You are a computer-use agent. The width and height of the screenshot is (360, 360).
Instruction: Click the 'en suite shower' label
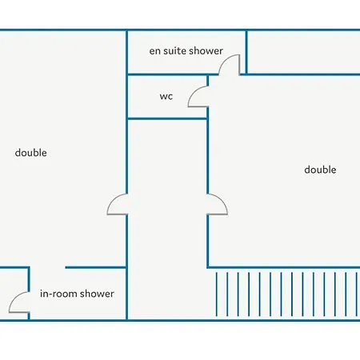coord(186,50)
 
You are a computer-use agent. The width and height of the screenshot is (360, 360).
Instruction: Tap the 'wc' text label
coord(166,96)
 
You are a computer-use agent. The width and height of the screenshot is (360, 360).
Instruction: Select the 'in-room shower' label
coord(77,294)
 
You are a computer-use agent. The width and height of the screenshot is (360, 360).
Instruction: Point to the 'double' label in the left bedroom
coord(31,153)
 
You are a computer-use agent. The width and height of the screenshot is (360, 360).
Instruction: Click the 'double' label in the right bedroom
coord(320,170)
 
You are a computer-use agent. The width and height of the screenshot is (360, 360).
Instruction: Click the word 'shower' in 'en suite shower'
coord(206,50)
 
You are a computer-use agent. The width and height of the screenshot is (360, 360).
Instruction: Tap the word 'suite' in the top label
coord(174,50)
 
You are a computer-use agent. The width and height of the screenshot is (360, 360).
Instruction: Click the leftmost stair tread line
coord(217,294)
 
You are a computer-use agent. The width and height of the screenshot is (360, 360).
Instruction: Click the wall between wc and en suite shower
coord(173,74)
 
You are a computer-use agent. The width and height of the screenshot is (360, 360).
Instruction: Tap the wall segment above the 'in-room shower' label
coord(96,267)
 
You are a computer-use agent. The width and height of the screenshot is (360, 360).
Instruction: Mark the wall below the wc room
coord(167,118)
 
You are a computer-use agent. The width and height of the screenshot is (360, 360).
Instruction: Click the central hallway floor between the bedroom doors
coord(167,204)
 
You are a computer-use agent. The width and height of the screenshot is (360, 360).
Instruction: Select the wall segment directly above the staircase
coord(283,267)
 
